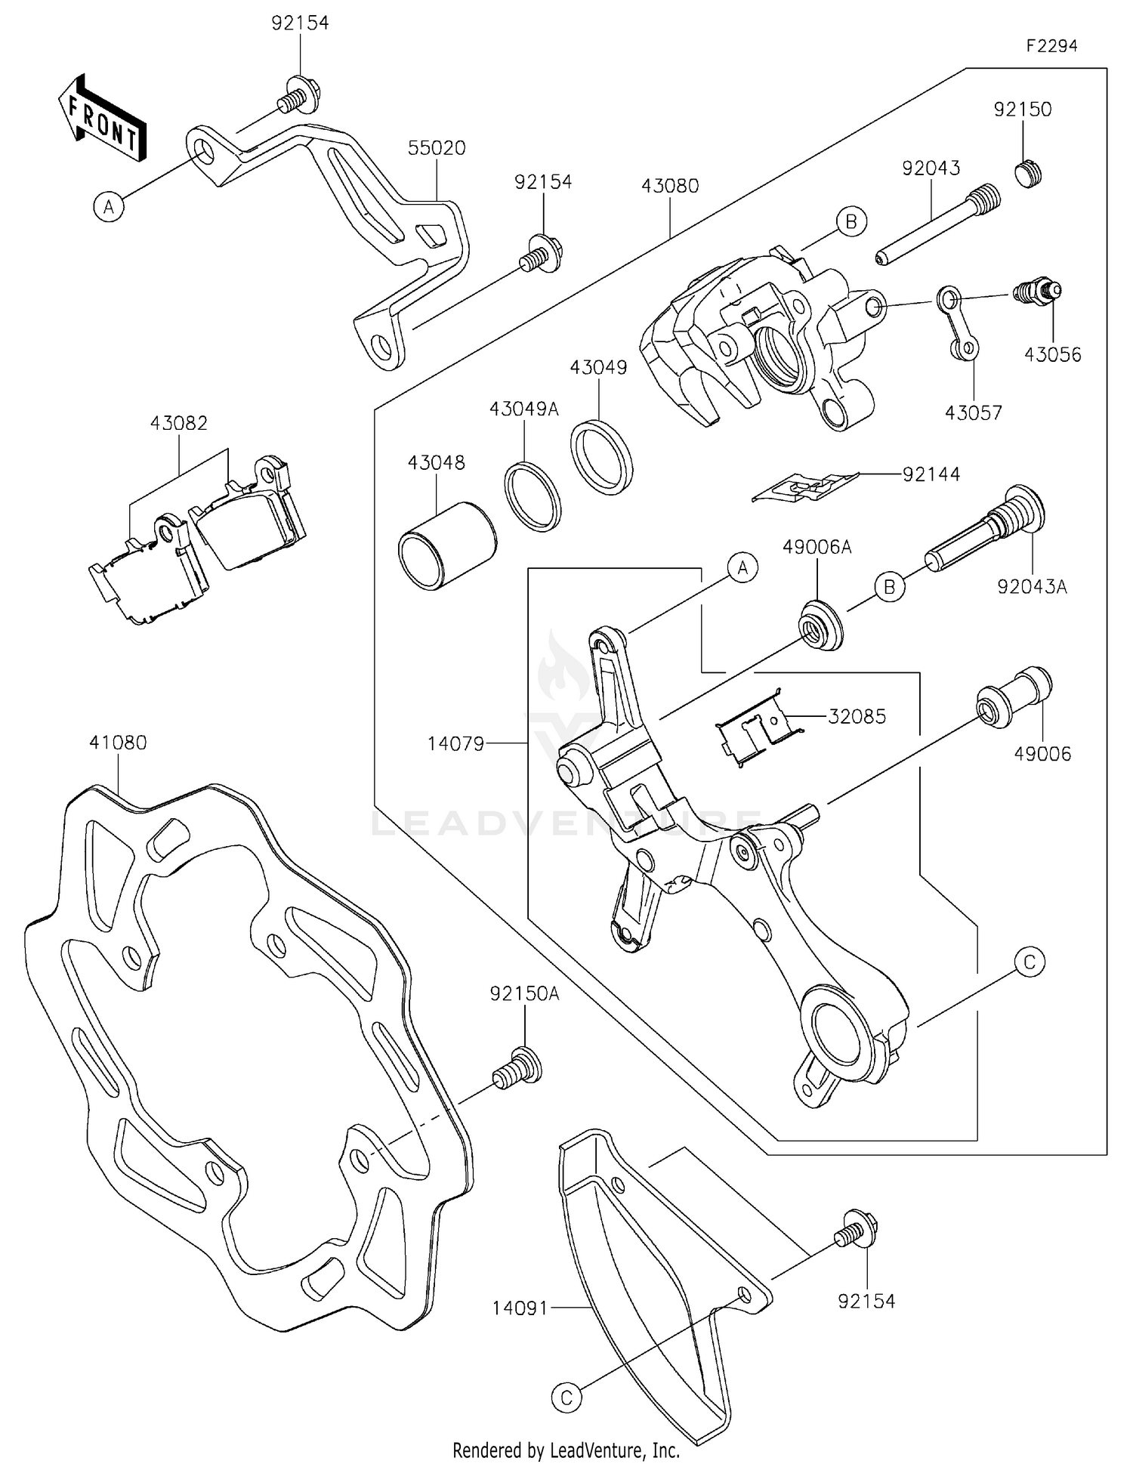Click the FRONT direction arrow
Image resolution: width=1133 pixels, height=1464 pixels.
[x=103, y=119]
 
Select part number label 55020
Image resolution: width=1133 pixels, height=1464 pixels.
[x=437, y=148]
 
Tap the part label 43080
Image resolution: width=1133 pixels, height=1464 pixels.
[x=670, y=186]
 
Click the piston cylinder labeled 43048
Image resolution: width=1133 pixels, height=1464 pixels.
[x=446, y=545]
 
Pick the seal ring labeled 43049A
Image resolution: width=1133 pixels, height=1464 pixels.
[x=533, y=496]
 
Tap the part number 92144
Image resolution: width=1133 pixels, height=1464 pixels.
[x=931, y=474]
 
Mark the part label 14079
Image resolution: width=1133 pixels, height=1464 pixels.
[x=455, y=743]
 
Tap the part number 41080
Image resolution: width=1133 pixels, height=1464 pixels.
[x=118, y=743]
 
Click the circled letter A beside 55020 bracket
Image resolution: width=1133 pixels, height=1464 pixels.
[x=109, y=206]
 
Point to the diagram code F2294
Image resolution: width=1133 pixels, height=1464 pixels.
[x=1051, y=46]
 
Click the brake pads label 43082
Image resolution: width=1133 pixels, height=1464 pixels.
[x=178, y=423]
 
